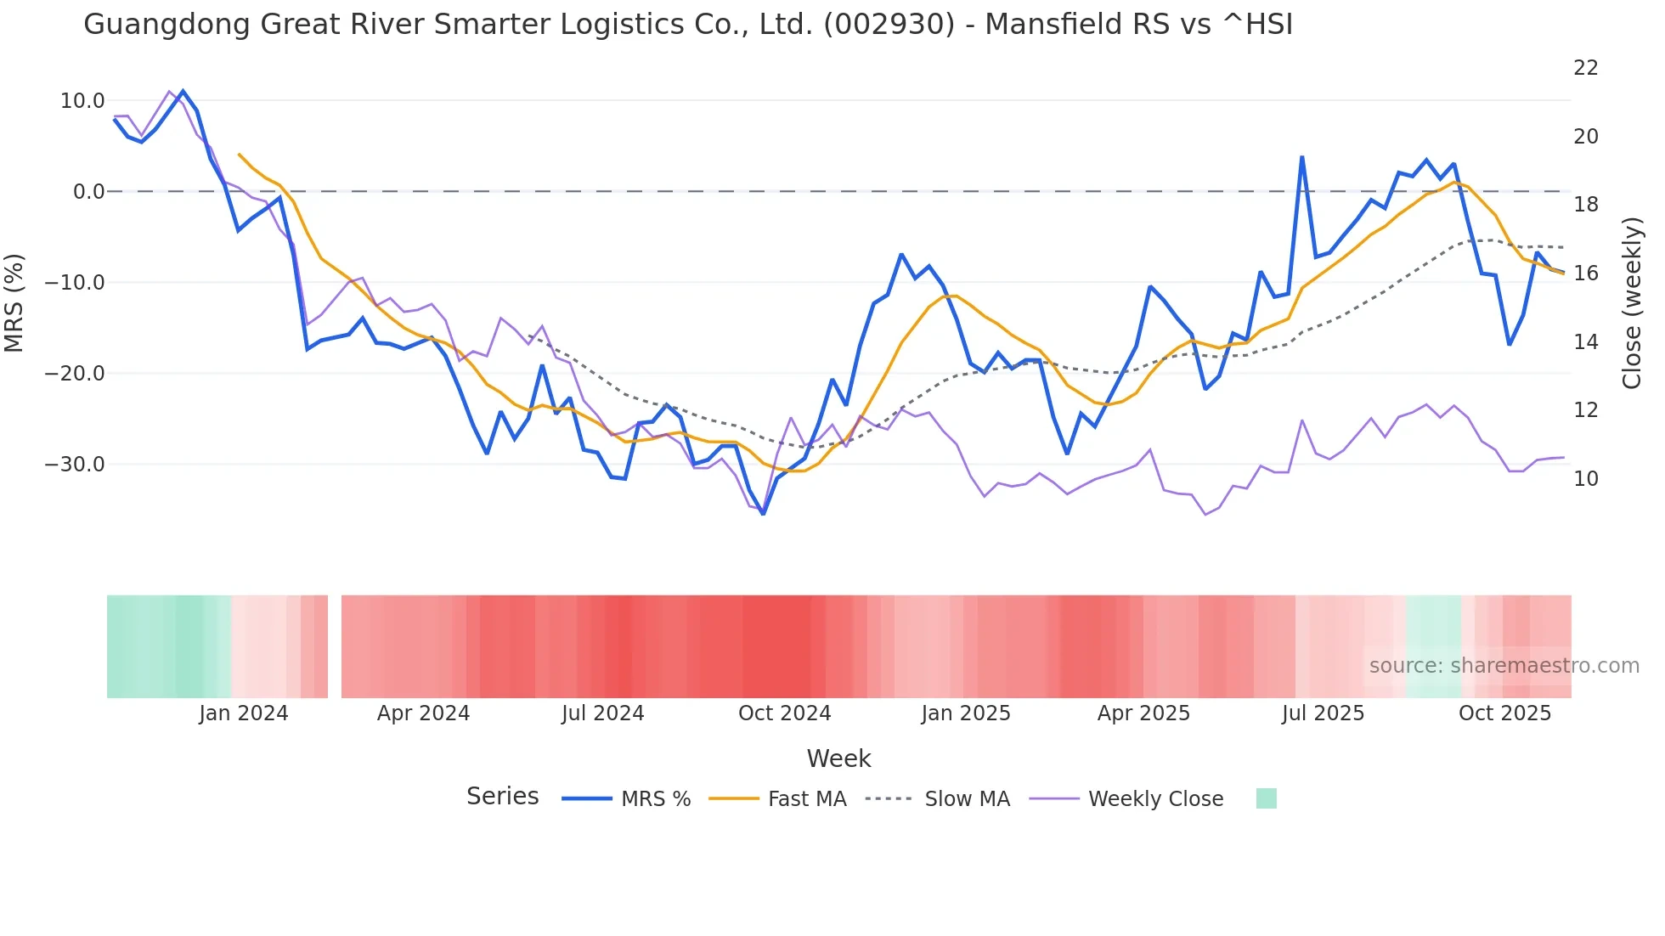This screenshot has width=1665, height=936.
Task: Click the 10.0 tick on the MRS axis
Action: tap(82, 100)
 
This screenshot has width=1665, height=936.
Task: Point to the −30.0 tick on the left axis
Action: tap(76, 464)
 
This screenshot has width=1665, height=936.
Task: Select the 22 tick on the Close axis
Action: tap(1585, 68)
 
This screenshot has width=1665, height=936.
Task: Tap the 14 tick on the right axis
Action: tap(1585, 341)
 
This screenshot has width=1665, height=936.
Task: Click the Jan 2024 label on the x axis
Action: tap(244, 713)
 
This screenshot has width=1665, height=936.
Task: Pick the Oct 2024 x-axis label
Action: tap(784, 713)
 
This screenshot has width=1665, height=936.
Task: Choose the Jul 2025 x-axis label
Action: tap(1323, 713)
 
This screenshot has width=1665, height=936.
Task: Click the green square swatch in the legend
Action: tap(1266, 798)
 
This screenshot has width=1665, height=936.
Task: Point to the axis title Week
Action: tap(838, 758)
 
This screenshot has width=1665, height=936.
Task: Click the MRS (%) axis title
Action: tap(14, 302)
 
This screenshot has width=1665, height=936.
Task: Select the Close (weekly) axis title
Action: tap(1631, 302)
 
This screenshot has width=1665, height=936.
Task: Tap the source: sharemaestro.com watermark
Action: tap(1504, 665)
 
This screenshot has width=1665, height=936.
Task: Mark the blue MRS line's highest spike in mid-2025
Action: tap(1301, 157)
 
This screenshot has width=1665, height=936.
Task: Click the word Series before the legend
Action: tap(502, 796)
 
